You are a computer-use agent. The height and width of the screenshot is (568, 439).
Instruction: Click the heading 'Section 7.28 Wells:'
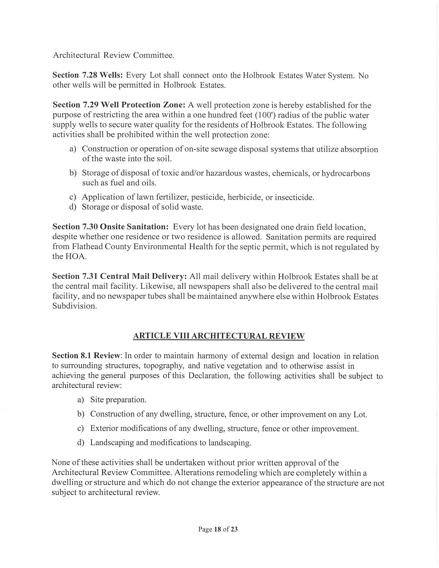(88, 75)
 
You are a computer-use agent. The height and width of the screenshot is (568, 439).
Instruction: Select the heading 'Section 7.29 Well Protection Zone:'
(119, 105)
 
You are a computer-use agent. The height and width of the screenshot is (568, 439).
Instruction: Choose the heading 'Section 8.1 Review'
(86, 356)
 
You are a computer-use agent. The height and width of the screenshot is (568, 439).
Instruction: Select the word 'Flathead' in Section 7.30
(87, 247)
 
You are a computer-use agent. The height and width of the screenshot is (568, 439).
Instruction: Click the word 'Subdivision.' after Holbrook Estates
(74, 306)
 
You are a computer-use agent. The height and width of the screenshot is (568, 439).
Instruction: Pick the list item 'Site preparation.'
(118, 399)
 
